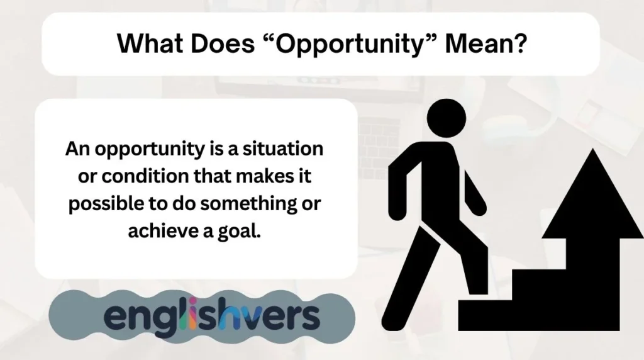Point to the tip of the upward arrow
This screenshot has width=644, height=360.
[592, 153]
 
